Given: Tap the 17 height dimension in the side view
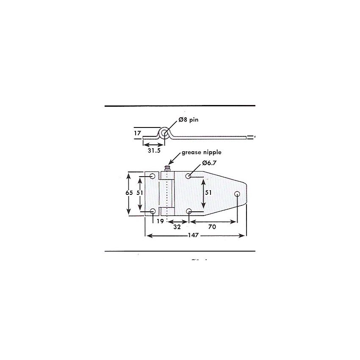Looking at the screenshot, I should [138, 133].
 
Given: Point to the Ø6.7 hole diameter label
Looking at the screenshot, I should [210, 163].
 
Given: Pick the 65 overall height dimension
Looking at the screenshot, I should [129, 192].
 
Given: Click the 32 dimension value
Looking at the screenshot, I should [177, 227].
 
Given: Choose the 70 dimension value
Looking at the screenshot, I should [212, 227].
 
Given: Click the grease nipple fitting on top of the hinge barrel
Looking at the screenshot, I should [167, 169].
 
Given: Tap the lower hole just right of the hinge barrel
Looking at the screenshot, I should [189, 211].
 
